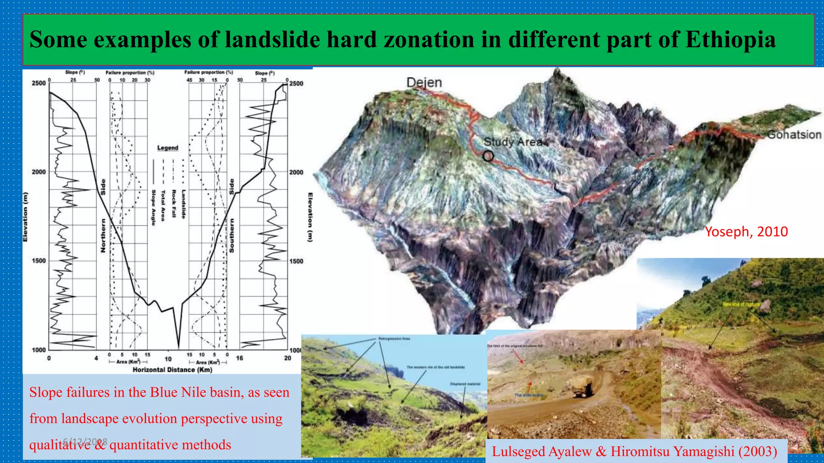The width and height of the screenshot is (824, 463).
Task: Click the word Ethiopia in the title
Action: [730, 39]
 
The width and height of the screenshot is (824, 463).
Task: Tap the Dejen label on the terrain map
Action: [424, 82]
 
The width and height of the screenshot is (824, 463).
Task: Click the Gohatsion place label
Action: [794, 135]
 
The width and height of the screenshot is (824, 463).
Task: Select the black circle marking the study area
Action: [488, 156]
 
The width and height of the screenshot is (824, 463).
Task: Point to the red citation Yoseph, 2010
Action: [746, 231]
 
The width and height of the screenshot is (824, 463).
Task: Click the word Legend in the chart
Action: [167, 148]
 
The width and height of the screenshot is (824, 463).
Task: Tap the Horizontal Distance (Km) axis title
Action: [172, 369]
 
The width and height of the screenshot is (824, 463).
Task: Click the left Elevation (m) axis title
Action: [26, 217]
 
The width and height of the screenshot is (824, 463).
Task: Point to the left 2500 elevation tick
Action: [39, 83]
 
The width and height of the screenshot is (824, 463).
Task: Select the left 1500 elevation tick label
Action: [39, 260]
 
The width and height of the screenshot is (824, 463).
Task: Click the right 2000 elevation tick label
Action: [296, 172]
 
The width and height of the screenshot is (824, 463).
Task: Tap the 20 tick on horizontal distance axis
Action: [287, 358]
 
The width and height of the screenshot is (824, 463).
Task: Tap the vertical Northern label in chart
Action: [103, 236]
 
